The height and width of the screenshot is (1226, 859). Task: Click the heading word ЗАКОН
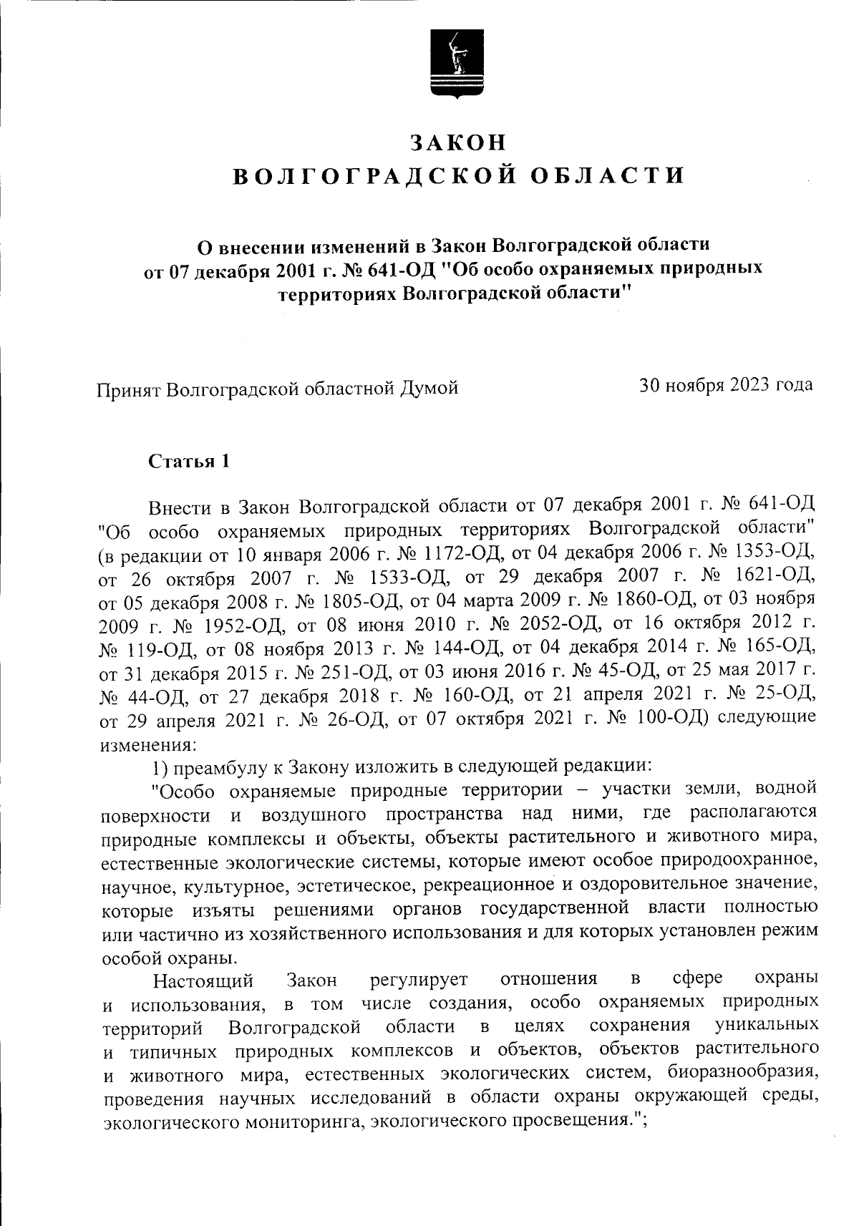(x=459, y=142)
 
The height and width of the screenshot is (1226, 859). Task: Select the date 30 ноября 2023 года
(x=726, y=385)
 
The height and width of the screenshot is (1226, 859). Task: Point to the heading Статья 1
(x=189, y=461)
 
